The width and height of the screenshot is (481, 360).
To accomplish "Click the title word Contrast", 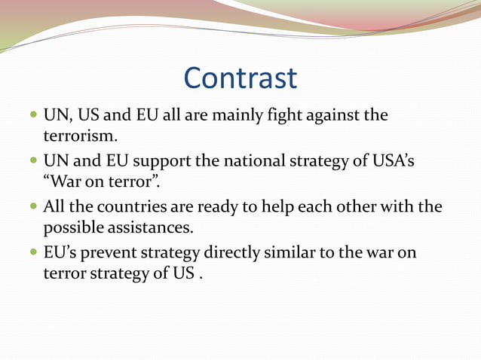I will (240, 78).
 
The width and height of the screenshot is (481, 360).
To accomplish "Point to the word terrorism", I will (80, 137).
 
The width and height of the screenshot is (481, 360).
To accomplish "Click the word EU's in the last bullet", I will (60, 252).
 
